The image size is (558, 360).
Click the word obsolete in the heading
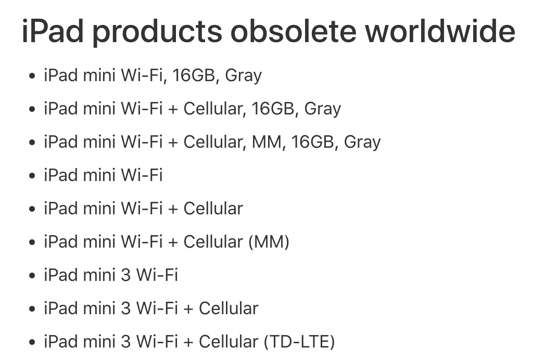293,31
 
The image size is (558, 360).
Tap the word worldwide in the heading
440,31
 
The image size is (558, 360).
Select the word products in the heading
157,33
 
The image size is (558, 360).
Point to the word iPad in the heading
52,31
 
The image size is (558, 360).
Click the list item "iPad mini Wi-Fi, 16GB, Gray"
153,76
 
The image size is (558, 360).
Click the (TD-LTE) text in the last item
299,342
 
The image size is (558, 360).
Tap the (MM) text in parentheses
269,242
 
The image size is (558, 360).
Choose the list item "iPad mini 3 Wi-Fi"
111,275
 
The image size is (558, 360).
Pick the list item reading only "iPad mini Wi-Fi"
103,175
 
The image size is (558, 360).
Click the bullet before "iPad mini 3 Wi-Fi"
32,275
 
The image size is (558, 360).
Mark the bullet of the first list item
32,76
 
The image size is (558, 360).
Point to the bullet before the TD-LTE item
32,342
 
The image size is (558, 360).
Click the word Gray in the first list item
244,76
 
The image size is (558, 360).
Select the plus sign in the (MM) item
173,242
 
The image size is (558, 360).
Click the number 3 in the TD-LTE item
126,342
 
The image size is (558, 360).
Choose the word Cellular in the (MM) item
213,241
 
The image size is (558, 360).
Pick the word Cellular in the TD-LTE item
229,341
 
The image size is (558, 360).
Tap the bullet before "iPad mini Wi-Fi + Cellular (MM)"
32,242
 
